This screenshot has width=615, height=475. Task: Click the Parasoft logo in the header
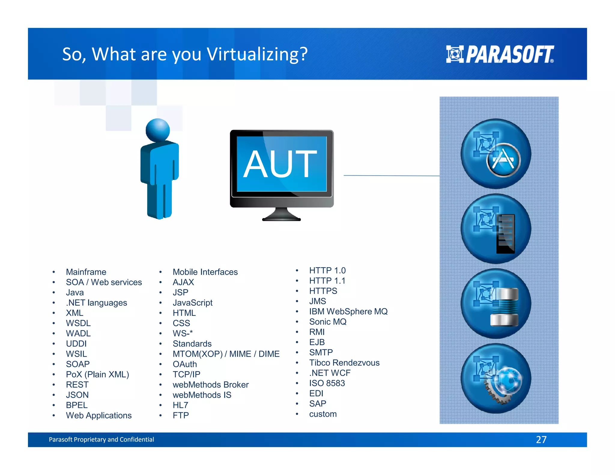500,54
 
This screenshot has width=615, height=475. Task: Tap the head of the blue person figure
158,130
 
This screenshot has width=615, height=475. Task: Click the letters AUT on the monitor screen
280,164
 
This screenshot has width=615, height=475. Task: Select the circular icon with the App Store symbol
496,154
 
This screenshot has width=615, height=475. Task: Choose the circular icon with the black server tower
496,229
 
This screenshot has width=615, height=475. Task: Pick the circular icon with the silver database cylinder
496,304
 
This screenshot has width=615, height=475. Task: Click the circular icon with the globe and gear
496,378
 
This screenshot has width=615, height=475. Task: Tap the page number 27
541,440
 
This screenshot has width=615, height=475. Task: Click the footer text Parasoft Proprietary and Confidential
101,440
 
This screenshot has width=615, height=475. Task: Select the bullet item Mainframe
86,272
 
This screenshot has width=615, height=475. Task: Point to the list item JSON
77,395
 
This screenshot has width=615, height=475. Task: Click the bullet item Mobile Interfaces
205,272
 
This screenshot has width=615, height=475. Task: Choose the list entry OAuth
185,364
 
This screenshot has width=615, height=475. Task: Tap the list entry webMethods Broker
211,385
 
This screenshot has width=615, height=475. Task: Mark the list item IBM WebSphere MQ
348,311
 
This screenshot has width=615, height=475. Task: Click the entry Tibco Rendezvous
344,363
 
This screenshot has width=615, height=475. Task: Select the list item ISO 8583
327,383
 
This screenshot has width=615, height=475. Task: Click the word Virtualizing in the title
257,54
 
